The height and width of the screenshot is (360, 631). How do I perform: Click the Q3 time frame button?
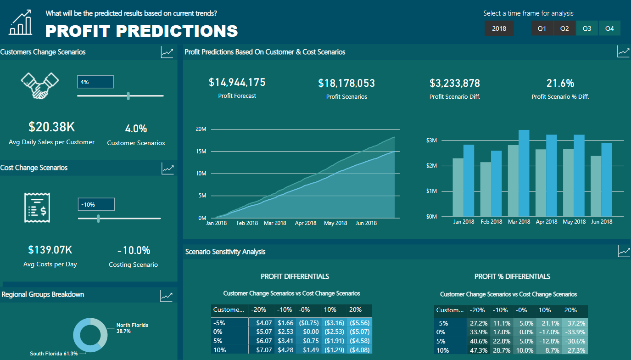pyautogui.click(x=587, y=28)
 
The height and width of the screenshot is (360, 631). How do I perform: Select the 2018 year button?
pyautogui.click(x=499, y=28)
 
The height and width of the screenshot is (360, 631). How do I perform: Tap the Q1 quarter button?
pyautogui.click(x=542, y=28)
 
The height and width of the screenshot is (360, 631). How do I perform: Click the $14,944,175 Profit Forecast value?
pyautogui.click(x=237, y=83)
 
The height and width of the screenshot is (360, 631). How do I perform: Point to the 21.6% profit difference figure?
pyautogui.click(x=560, y=83)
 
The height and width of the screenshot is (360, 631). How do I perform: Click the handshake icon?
pyautogui.click(x=40, y=85)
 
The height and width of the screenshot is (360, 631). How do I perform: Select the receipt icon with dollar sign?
pyautogui.click(x=37, y=208)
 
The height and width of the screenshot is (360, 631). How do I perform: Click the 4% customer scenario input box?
pyautogui.click(x=95, y=82)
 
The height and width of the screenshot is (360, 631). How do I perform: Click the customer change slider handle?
pyautogui.click(x=128, y=96)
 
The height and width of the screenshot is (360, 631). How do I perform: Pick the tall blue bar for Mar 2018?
pyautogui.click(x=524, y=173)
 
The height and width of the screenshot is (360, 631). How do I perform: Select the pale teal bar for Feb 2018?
pyautogui.click(x=486, y=189)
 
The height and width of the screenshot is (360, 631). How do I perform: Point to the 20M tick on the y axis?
pyautogui.click(x=201, y=129)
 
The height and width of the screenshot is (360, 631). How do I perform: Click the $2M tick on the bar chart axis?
pyautogui.click(x=431, y=166)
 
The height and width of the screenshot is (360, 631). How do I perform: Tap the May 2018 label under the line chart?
pyautogui.click(x=335, y=223)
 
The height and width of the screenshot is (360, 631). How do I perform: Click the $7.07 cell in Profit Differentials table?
pyautogui.click(x=264, y=350)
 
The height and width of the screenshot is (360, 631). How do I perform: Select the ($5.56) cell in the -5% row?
pyautogui.click(x=359, y=323)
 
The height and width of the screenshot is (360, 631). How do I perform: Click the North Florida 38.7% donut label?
pyautogui.click(x=132, y=328)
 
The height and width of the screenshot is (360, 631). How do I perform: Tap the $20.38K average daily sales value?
pyautogui.click(x=51, y=127)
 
